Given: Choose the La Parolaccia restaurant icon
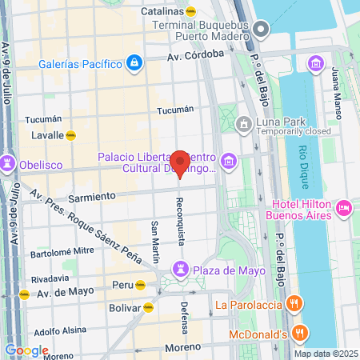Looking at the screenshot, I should (294, 303).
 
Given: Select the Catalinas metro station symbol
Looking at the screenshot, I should (190, 12).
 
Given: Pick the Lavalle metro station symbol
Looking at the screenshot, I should (71, 135).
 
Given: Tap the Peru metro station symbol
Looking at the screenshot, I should (141, 284).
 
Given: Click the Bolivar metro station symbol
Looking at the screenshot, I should (149, 306).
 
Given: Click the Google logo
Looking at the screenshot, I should (26, 350).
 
